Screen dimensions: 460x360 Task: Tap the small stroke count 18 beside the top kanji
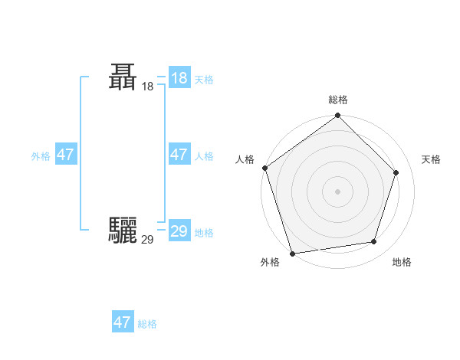pyautogui.click(x=148, y=87)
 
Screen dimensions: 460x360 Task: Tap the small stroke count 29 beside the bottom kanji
pyautogui.click(x=148, y=239)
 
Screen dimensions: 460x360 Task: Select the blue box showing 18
pyautogui.click(x=179, y=78)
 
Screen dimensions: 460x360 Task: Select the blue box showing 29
pyautogui.click(x=179, y=231)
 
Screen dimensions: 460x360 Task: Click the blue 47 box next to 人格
pyautogui.click(x=179, y=155)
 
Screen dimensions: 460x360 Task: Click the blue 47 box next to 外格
pyautogui.click(x=65, y=155)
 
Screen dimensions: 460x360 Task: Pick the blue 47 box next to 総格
pyautogui.click(x=123, y=322)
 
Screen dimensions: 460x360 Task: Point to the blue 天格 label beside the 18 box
pyautogui.click(x=204, y=80)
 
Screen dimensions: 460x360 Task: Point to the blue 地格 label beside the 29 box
pyautogui.click(x=204, y=233)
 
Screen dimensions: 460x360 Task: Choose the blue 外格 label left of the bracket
pyautogui.click(x=41, y=156)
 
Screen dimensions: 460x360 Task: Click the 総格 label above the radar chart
pyautogui.click(x=338, y=100)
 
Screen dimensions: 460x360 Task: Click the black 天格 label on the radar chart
pyautogui.click(x=432, y=159)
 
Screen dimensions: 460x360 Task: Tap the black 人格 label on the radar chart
pyautogui.click(x=245, y=159)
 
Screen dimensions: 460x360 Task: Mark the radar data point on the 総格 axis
pyautogui.click(x=338, y=116)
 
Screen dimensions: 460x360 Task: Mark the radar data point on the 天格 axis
pyautogui.click(x=396, y=172)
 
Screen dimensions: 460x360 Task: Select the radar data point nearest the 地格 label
pyautogui.click(x=374, y=241)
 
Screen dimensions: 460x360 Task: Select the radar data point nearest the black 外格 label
pyautogui.click(x=293, y=253)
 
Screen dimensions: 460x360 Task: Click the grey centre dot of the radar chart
pyautogui.click(x=338, y=191)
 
